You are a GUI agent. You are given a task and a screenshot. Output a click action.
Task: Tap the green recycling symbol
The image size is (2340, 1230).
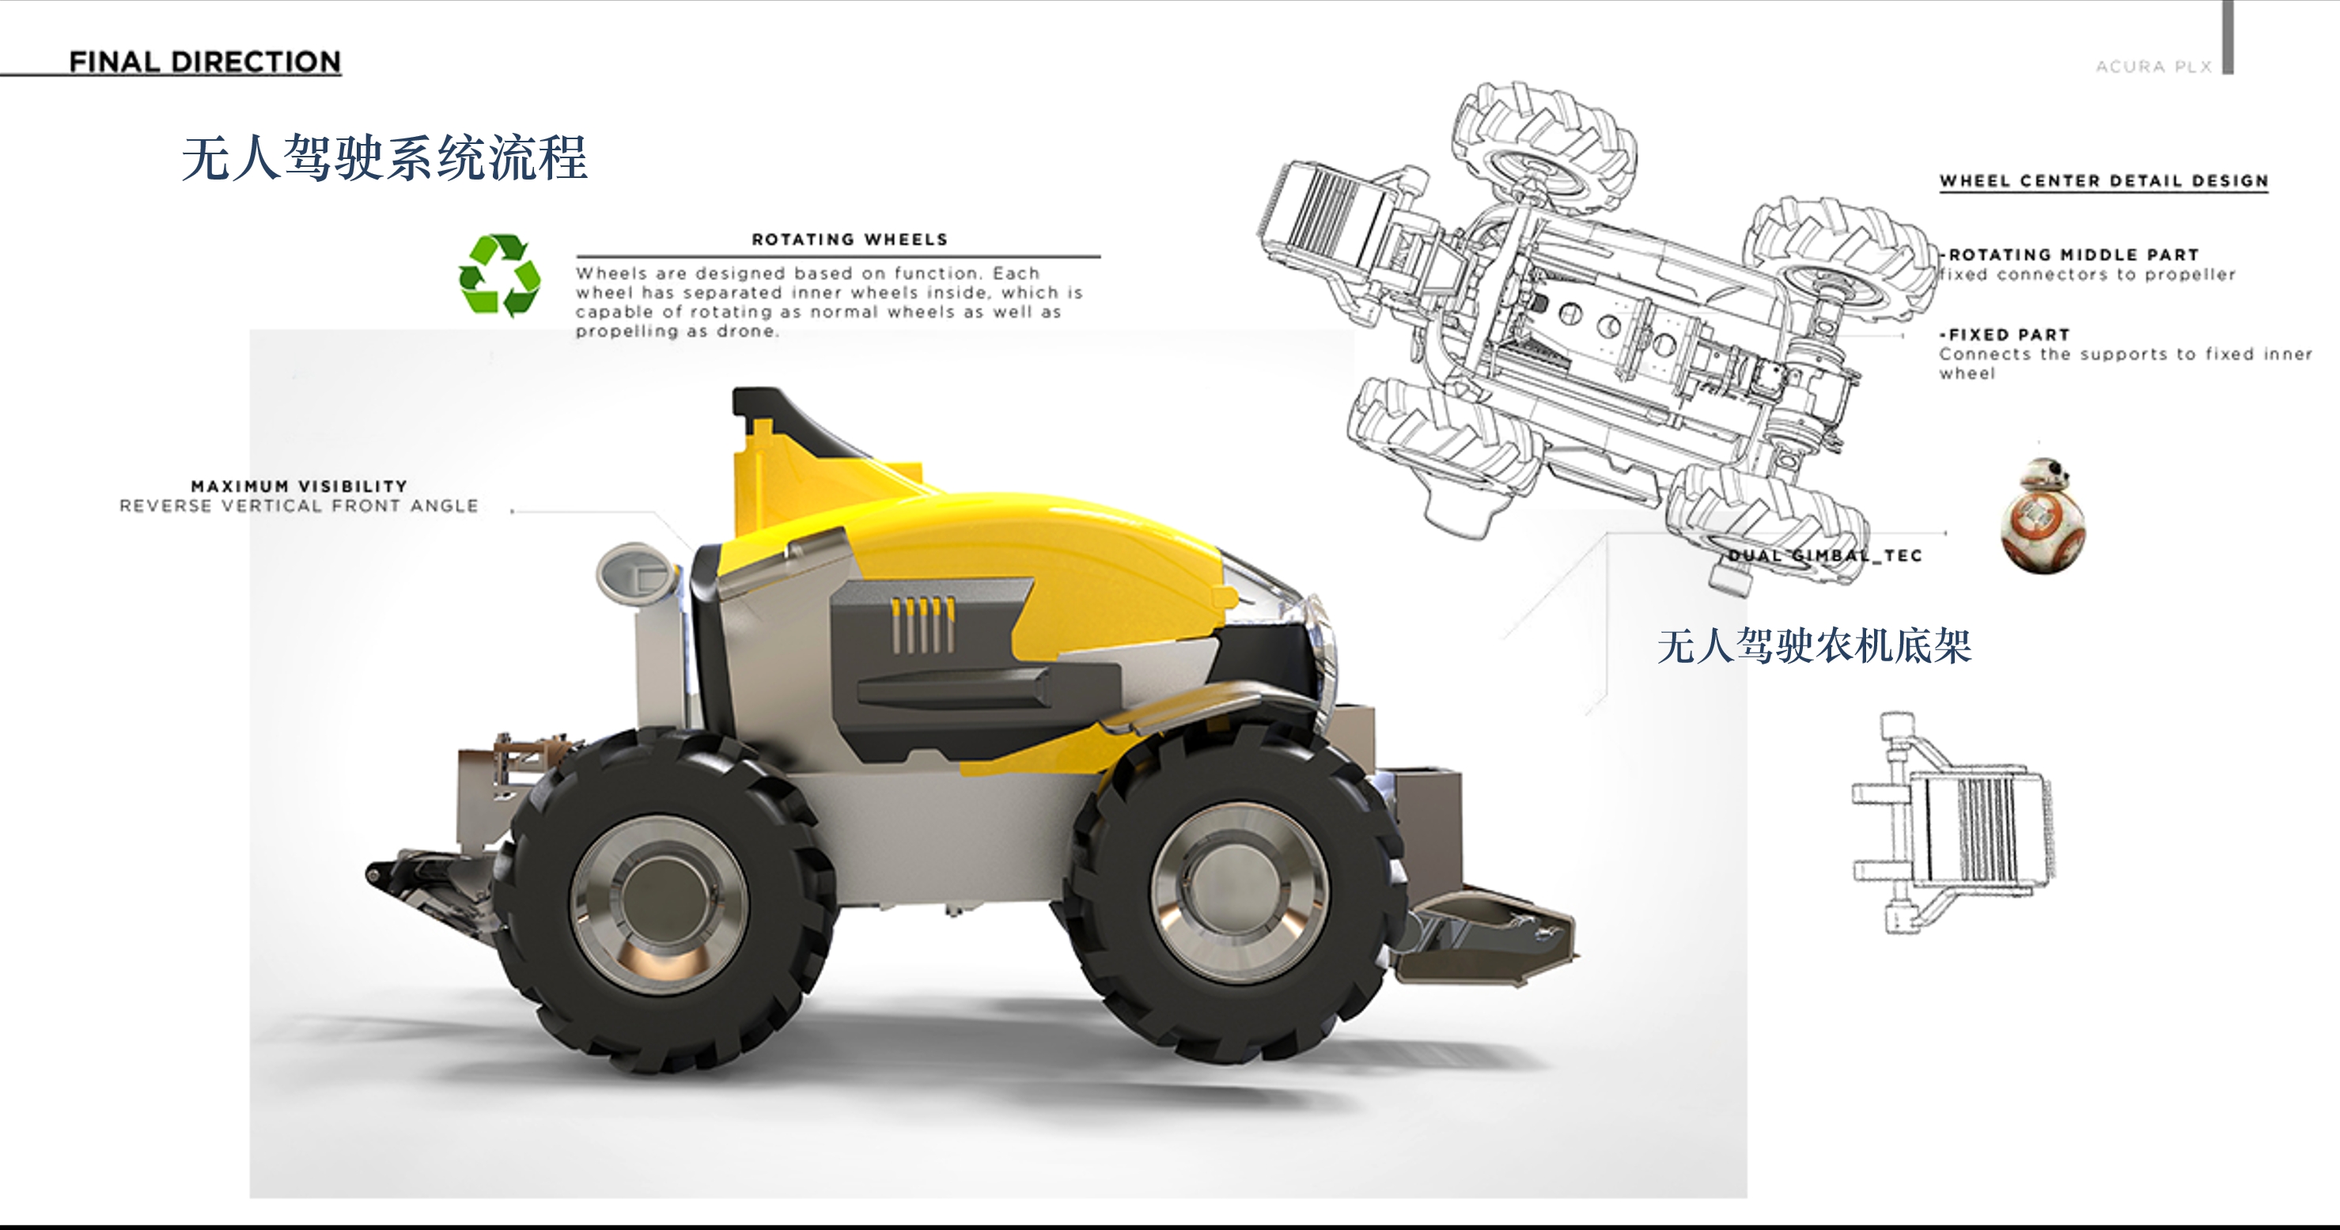pyautogui.click(x=500, y=275)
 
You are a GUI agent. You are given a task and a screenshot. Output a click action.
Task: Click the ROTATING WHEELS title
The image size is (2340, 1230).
pyautogui.click(x=850, y=239)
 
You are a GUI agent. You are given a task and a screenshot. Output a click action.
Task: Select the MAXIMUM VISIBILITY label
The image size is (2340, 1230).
pyautogui.click(x=299, y=486)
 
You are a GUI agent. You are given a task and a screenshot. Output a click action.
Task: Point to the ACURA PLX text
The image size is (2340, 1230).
pyautogui.click(x=2153, y=66)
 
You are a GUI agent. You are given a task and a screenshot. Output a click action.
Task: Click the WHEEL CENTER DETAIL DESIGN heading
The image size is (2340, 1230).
pyautogui.click(x=2103, y=181)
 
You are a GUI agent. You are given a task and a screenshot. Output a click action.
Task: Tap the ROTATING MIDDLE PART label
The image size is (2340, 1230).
pyautogui.click(x=2073, y=255)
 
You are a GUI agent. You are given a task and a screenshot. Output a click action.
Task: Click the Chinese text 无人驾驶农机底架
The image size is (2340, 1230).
pyautogui.click(x=1813, y=646)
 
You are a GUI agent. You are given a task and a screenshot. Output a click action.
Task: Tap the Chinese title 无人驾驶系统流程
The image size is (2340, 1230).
pyautogui.click(x=385, y=158)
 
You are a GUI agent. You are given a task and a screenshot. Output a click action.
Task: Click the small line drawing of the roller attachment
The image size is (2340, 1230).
pyautogui.click(x=1953, y=823)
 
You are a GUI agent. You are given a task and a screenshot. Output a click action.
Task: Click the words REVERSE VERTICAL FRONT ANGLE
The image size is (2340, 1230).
pyautogui.click(x=299, y=506)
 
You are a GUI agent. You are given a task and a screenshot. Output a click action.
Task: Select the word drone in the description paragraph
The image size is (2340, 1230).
pyautogui.click(x=747, y=331)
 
